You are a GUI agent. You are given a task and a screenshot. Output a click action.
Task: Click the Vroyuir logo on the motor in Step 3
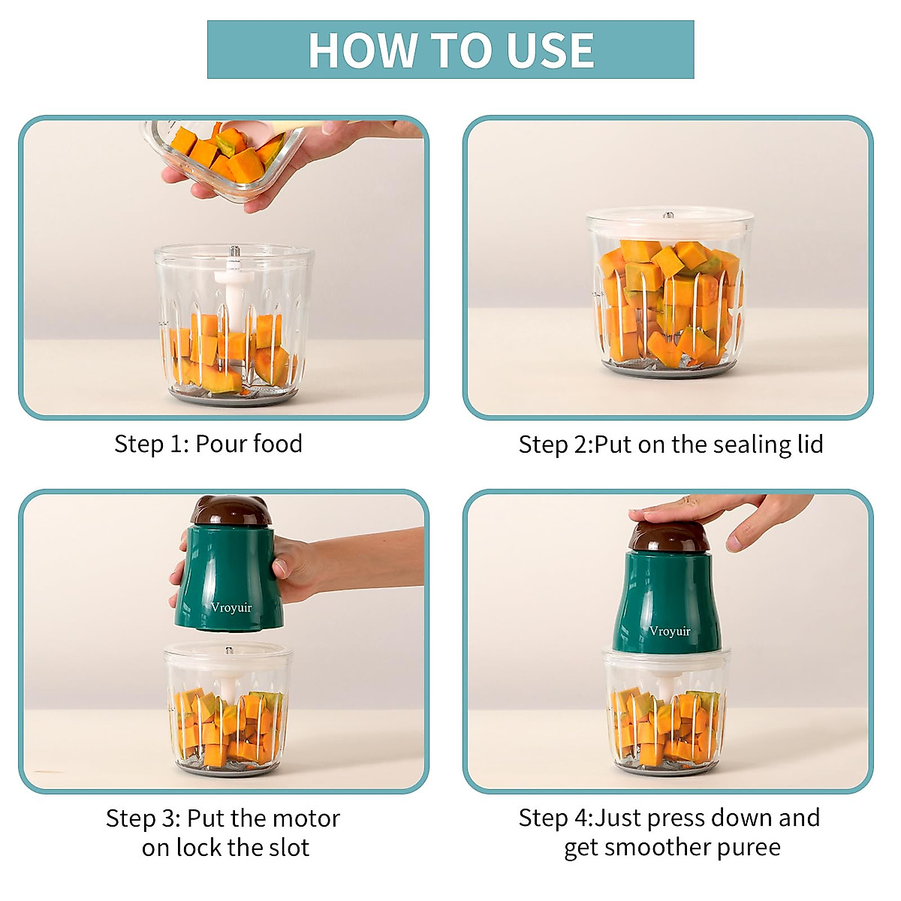tap(231, 608)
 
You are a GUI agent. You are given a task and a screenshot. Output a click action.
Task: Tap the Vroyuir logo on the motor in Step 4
tap(670, 631)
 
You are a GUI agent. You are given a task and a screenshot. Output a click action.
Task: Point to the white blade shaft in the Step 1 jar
tap(234, 300)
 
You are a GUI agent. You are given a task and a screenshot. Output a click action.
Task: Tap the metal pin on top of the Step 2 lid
tap(669, 216)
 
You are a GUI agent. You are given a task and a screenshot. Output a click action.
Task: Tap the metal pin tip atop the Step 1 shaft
tap(234, 251)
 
